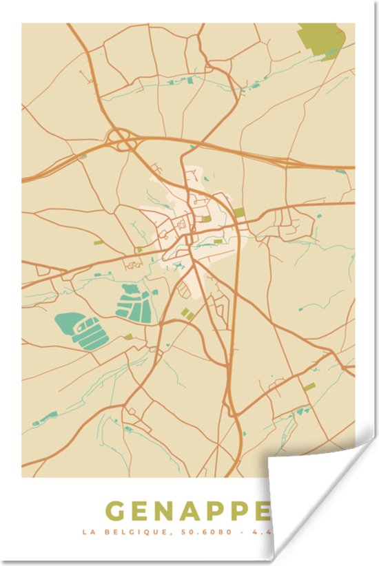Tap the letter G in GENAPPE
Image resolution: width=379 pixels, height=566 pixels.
pyautogui.click(x=116, y=512)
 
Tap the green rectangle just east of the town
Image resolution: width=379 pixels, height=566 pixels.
pyautogui.click(x=239, y=212)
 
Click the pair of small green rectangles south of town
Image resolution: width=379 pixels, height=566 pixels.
pyautogui.click(x=187, y=314)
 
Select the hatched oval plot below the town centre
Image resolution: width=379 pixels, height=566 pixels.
pyautogui.click(x=184, y=291)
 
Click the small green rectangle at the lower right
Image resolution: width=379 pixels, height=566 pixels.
pyautogui.click(x=309, y=387)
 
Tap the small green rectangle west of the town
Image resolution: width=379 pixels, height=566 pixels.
pyautogui.click(x=99, y=242)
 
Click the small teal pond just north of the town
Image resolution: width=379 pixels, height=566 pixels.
pyautogui.click(x=192, y=147)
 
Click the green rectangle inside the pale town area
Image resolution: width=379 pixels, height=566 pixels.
pyautogui.click(x=206, y=219)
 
